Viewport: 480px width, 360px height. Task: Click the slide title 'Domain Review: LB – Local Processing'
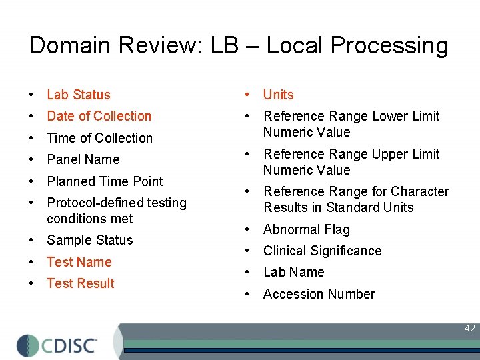(239, 45)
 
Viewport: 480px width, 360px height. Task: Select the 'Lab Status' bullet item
(78, 95)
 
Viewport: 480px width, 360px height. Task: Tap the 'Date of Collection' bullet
(99, 116)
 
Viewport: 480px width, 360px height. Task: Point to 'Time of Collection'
(99, 138)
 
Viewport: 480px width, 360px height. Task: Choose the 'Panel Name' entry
(83, 159)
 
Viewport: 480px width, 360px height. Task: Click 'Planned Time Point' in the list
(105, 181)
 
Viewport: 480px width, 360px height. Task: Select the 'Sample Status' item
(89, 240)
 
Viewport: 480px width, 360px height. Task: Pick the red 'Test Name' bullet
(79, 262)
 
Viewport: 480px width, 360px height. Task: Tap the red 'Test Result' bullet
(80, 283)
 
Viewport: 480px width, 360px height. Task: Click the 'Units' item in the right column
(278, 95)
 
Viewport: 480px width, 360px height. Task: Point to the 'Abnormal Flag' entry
(306, 229)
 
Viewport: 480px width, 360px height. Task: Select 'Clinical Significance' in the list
(322, 251)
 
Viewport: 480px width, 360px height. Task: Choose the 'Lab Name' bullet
(293, 272)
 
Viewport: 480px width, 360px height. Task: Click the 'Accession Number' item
(319, 294)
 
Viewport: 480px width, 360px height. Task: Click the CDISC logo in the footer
(57, 345)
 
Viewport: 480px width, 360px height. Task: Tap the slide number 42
(469, 328)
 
